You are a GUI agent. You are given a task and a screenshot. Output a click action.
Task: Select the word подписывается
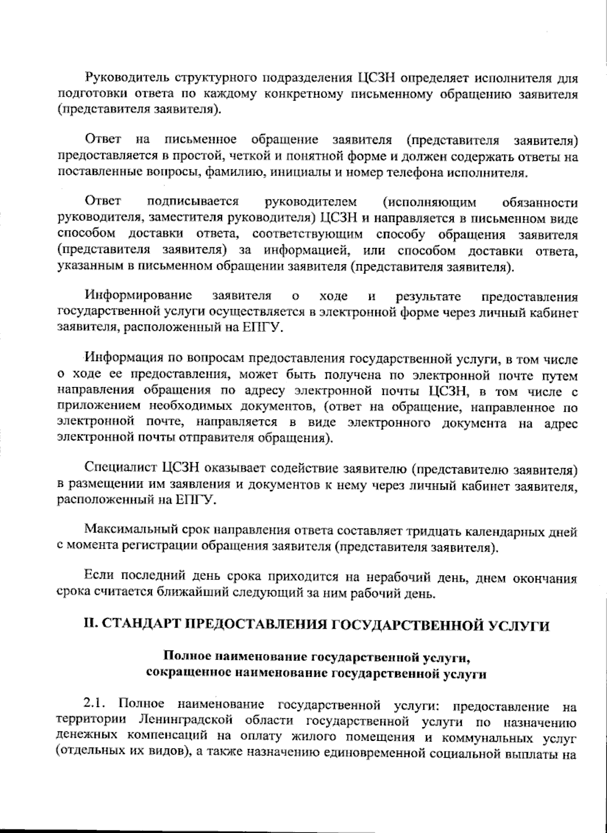[x=192, y=202]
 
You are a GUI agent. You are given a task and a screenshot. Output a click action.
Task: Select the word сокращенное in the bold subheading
[x=183, y=673]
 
